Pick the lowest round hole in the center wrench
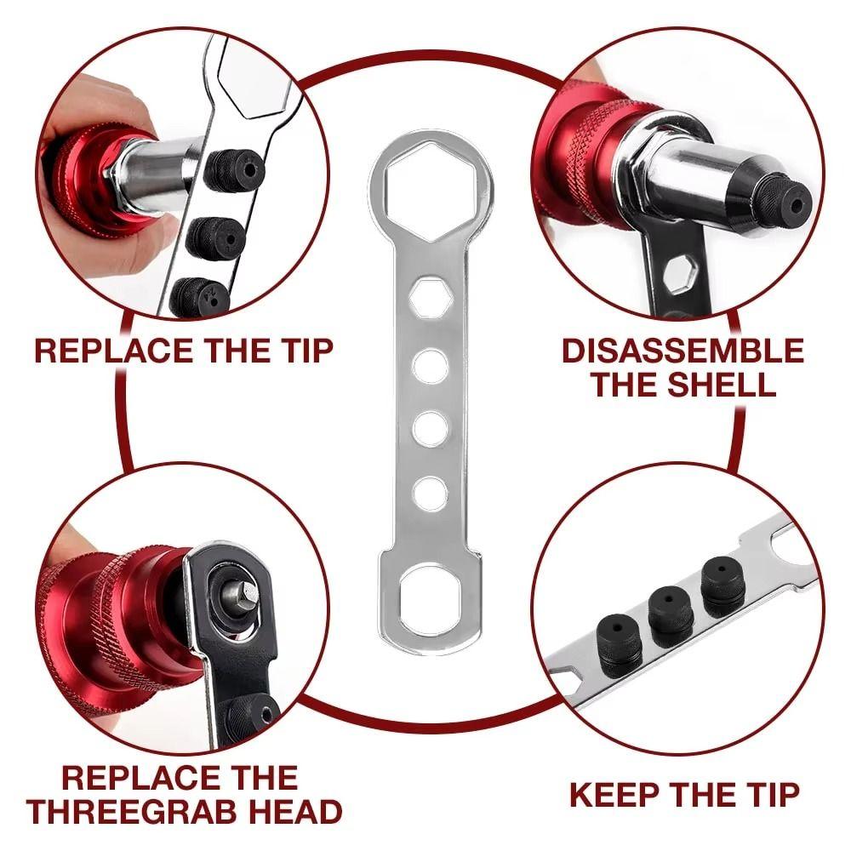click(430, 491)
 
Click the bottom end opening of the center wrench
click(431, 599)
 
